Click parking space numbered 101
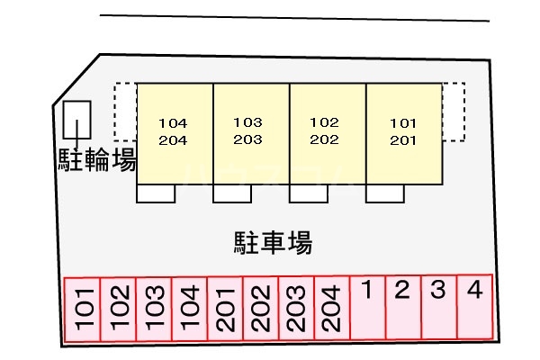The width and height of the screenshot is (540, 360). tap(82, 309)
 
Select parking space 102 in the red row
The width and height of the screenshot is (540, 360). tap(118, 309)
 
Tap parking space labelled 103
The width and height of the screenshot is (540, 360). tap(154, 309)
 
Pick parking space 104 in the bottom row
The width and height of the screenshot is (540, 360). tap(189, 309)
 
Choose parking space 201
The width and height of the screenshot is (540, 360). tap(225, 309)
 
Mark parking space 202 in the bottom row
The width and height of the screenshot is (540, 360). tap(260, 309)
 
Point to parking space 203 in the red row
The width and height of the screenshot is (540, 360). tap(296, 309)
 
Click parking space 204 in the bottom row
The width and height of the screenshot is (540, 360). tap(331, 309)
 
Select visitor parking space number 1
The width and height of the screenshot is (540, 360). tap(367, 307)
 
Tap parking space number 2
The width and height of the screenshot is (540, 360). tap(403, 307)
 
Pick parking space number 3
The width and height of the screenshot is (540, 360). tap(438, 307)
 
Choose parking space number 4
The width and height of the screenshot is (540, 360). tap(475, 307)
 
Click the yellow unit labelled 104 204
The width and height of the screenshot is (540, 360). tap(174, 133)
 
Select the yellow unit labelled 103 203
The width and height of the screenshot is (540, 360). tap(250, 133)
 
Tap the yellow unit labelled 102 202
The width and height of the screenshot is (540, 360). tap(327, 133)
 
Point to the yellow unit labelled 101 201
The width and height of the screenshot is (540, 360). tap(404, 133)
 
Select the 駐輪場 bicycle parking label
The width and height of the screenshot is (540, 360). tap(97, 161)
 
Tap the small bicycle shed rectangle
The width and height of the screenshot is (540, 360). tap(77, 121)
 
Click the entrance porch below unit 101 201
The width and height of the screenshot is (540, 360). tap(385, 193)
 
